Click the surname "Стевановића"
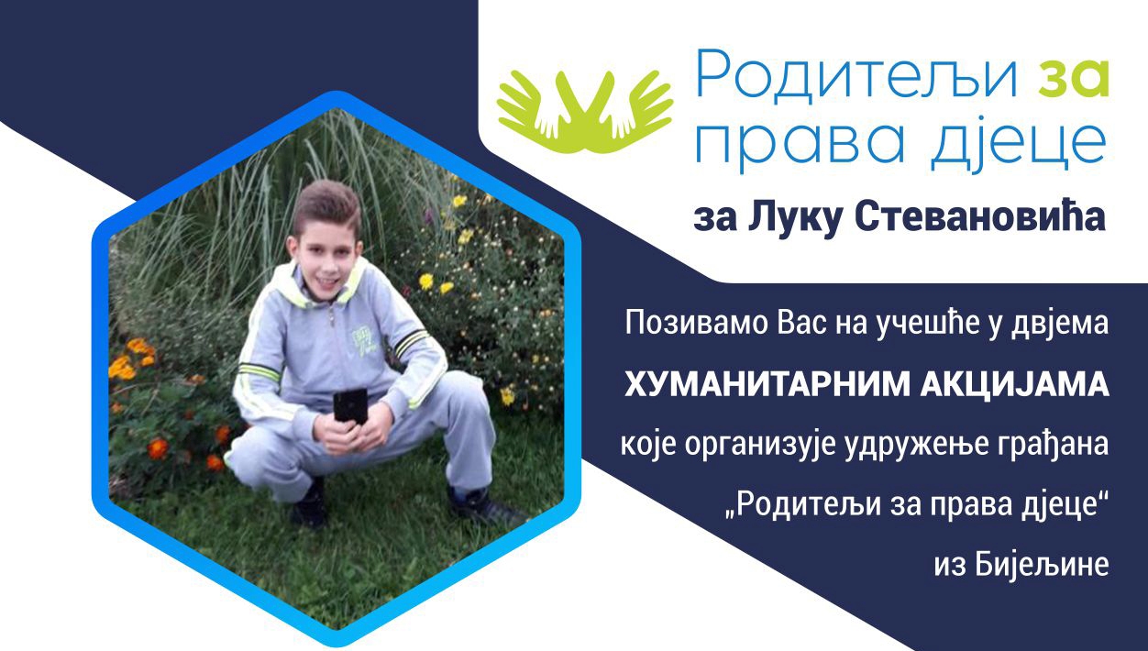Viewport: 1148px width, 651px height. coord(980,218)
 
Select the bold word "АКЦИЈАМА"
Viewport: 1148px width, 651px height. coord(1014,386)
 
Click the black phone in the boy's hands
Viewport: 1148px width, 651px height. coord(350,405)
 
